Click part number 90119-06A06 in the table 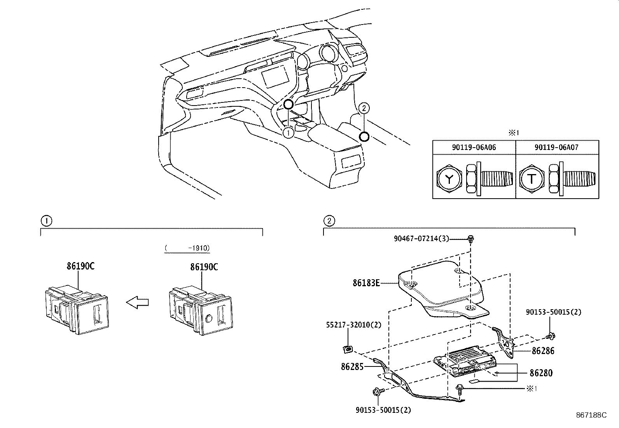474,148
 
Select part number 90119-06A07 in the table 557,148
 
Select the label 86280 541,373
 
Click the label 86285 352,366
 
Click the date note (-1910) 187,248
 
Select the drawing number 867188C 591,415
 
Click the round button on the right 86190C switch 208,319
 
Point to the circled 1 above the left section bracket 46,221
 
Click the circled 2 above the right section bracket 329,221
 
